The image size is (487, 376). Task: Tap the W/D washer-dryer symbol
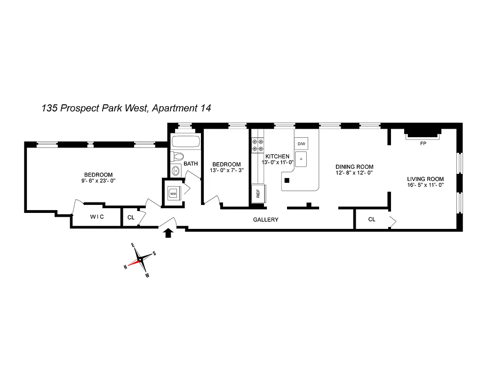pyautogui.click(x=173, y=193)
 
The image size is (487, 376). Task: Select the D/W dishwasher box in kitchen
pyautogui.click(x=301, y=143)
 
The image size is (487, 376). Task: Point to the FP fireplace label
pyautogui.click(x=423, y=144)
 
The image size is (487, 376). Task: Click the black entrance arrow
pyautogui.click(x=168, y=232)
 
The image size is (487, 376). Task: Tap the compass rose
pyautogui.click(x=140, y=260)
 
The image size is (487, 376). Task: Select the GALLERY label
pyautogui.click(x=266, y=219)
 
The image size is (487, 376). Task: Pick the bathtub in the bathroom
pyautogui.click(x=185, y=142)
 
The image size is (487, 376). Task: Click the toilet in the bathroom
pyautogui.click(x=177, y=157)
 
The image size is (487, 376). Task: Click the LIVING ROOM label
pyautogui.click(x=426, y=179)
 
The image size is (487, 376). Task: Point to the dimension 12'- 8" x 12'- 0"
pyautogui.click(x=354, y=173)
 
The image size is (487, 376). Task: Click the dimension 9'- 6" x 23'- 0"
pyautogui.click(x=98, y=180)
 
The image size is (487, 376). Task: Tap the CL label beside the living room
pyautogui.click(x=372, y=219)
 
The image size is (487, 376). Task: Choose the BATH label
pyautogui.click(x=191, y=164)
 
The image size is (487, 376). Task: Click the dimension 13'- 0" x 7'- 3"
pyautogui.click(x=227, y=171)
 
